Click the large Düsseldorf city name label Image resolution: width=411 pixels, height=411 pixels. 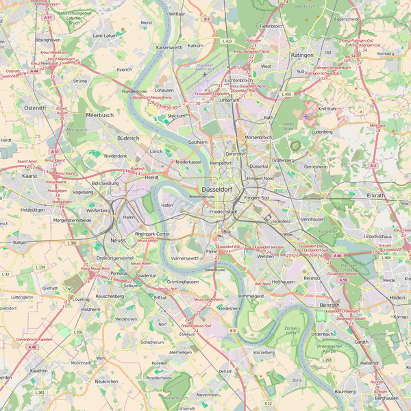[216, 189]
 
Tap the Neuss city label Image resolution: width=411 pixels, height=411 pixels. [118, 242]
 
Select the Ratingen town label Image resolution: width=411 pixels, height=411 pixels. [301, 55]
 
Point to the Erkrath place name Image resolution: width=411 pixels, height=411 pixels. [376, 195]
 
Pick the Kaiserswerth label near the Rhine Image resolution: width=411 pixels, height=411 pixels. [169, 48]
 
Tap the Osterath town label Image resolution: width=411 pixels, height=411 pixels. [35, 108]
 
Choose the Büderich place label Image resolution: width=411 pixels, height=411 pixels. [128, 138]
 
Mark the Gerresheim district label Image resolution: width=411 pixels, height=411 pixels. [316, 166]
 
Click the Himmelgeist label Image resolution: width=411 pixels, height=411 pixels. [251, 295]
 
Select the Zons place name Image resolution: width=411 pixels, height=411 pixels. [297, 379]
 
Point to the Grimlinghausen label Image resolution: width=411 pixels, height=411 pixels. [182, 282]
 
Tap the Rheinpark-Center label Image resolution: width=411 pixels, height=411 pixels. [153, 234]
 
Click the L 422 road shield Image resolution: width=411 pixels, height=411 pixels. [227, 41]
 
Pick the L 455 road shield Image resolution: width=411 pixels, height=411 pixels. [286, 94]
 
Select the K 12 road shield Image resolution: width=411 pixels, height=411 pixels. [269, 403]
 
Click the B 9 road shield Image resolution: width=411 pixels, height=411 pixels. [233, 331]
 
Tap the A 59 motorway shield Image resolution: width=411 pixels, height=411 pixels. [343, 280]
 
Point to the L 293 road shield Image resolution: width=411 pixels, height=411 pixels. [327, 360]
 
